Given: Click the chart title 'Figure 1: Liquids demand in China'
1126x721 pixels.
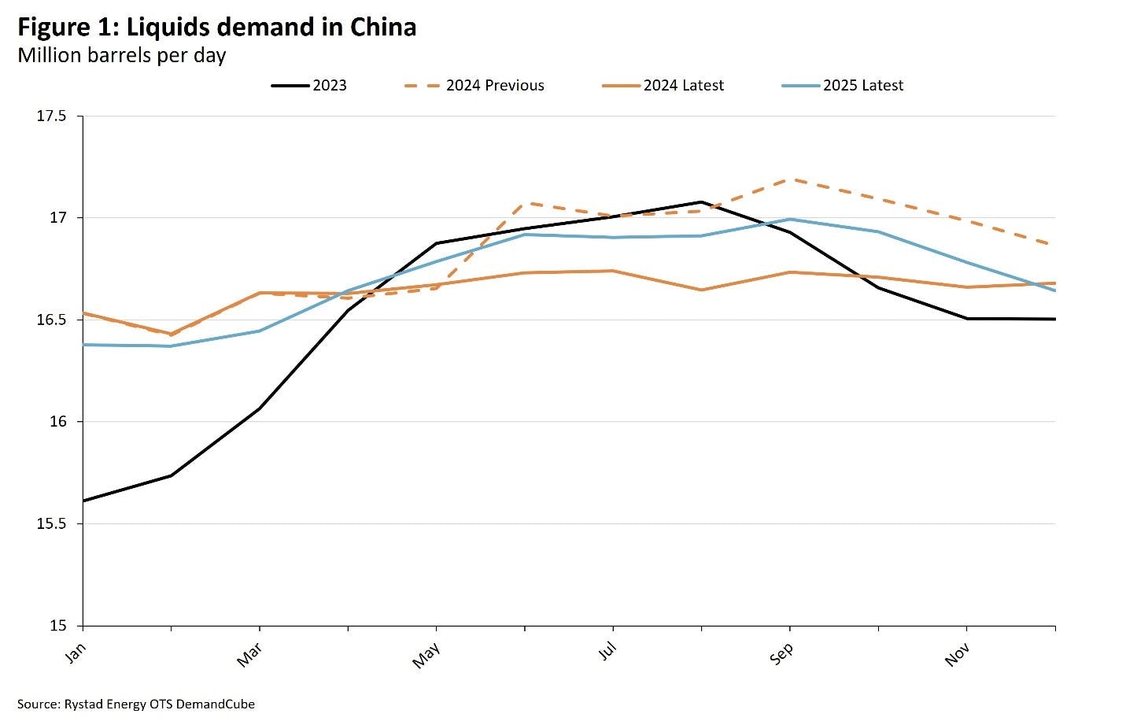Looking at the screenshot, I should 216,28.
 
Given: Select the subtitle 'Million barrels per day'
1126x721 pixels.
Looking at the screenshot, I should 121,56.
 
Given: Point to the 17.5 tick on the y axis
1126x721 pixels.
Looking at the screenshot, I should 52,116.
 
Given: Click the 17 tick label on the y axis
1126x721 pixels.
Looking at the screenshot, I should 59,218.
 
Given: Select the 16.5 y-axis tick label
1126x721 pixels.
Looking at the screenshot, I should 52,320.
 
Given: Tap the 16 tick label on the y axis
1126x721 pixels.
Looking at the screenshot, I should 59,422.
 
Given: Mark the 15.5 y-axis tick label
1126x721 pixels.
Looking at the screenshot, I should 52,524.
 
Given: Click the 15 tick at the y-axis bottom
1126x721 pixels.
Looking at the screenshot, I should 59,626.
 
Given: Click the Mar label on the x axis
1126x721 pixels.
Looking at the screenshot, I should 249,655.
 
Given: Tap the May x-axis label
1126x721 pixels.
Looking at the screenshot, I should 426,655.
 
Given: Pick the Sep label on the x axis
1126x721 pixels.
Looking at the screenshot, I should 781,654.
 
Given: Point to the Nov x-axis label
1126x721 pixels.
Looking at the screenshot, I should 957,654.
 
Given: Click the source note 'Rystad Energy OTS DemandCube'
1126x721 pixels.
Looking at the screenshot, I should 136,704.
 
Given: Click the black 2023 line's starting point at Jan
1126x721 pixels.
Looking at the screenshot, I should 83,501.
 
